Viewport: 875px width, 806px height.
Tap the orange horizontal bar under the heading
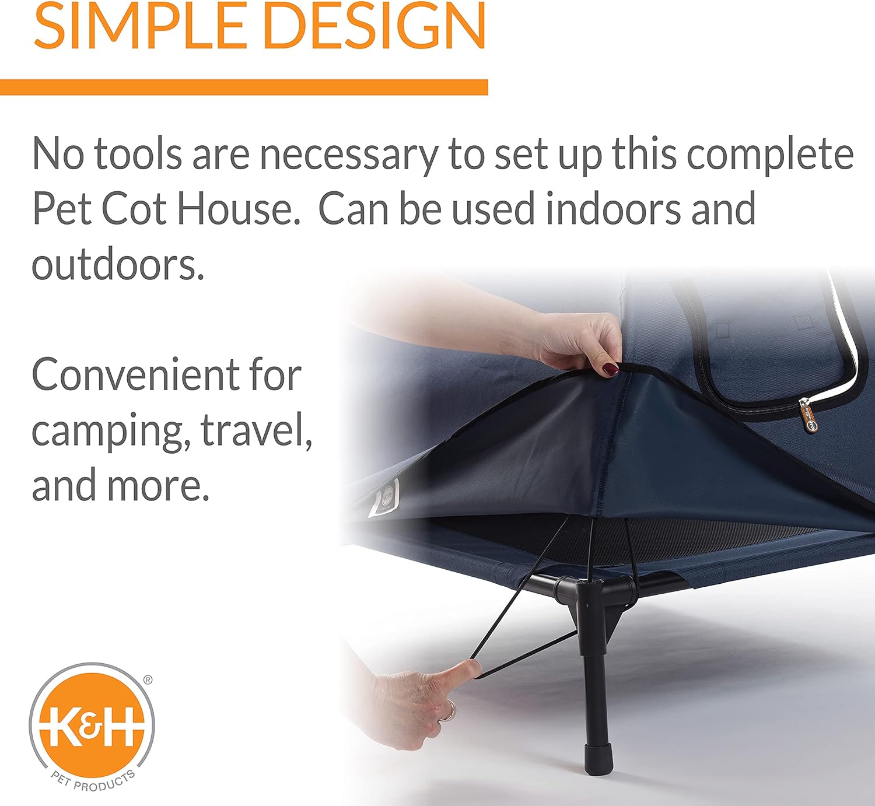click(x=244, y=87)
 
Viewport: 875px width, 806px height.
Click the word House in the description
click(x=238, y=209)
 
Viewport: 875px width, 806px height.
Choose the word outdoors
click(x=118, y=264)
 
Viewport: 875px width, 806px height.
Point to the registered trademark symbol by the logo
click(x=148, y=679)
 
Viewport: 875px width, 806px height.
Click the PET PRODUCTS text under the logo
click(x=93, y=781)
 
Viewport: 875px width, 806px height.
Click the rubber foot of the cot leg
click(x=598, y=759)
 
